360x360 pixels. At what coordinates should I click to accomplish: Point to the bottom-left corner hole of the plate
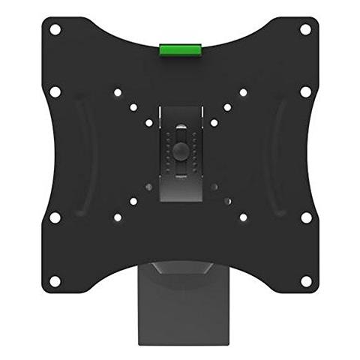(x=54, y=280)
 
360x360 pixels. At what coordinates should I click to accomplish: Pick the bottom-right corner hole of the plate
(x=306, y=280)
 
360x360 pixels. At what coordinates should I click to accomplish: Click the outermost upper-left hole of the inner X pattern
(x=117, y=93)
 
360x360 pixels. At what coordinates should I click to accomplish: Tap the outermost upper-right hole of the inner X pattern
(x=243, y=93)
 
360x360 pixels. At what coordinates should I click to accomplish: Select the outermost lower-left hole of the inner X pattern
(x=117, y=218)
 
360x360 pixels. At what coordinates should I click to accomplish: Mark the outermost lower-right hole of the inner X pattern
(x=243, y=218)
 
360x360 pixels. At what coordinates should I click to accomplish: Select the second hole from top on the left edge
(x=54, y=91)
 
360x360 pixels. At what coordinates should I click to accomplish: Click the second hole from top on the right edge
(x=306, y=91)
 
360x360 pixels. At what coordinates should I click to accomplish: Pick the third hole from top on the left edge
(x=54, y=217)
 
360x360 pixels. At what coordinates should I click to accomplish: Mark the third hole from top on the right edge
(x=306, y=217)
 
